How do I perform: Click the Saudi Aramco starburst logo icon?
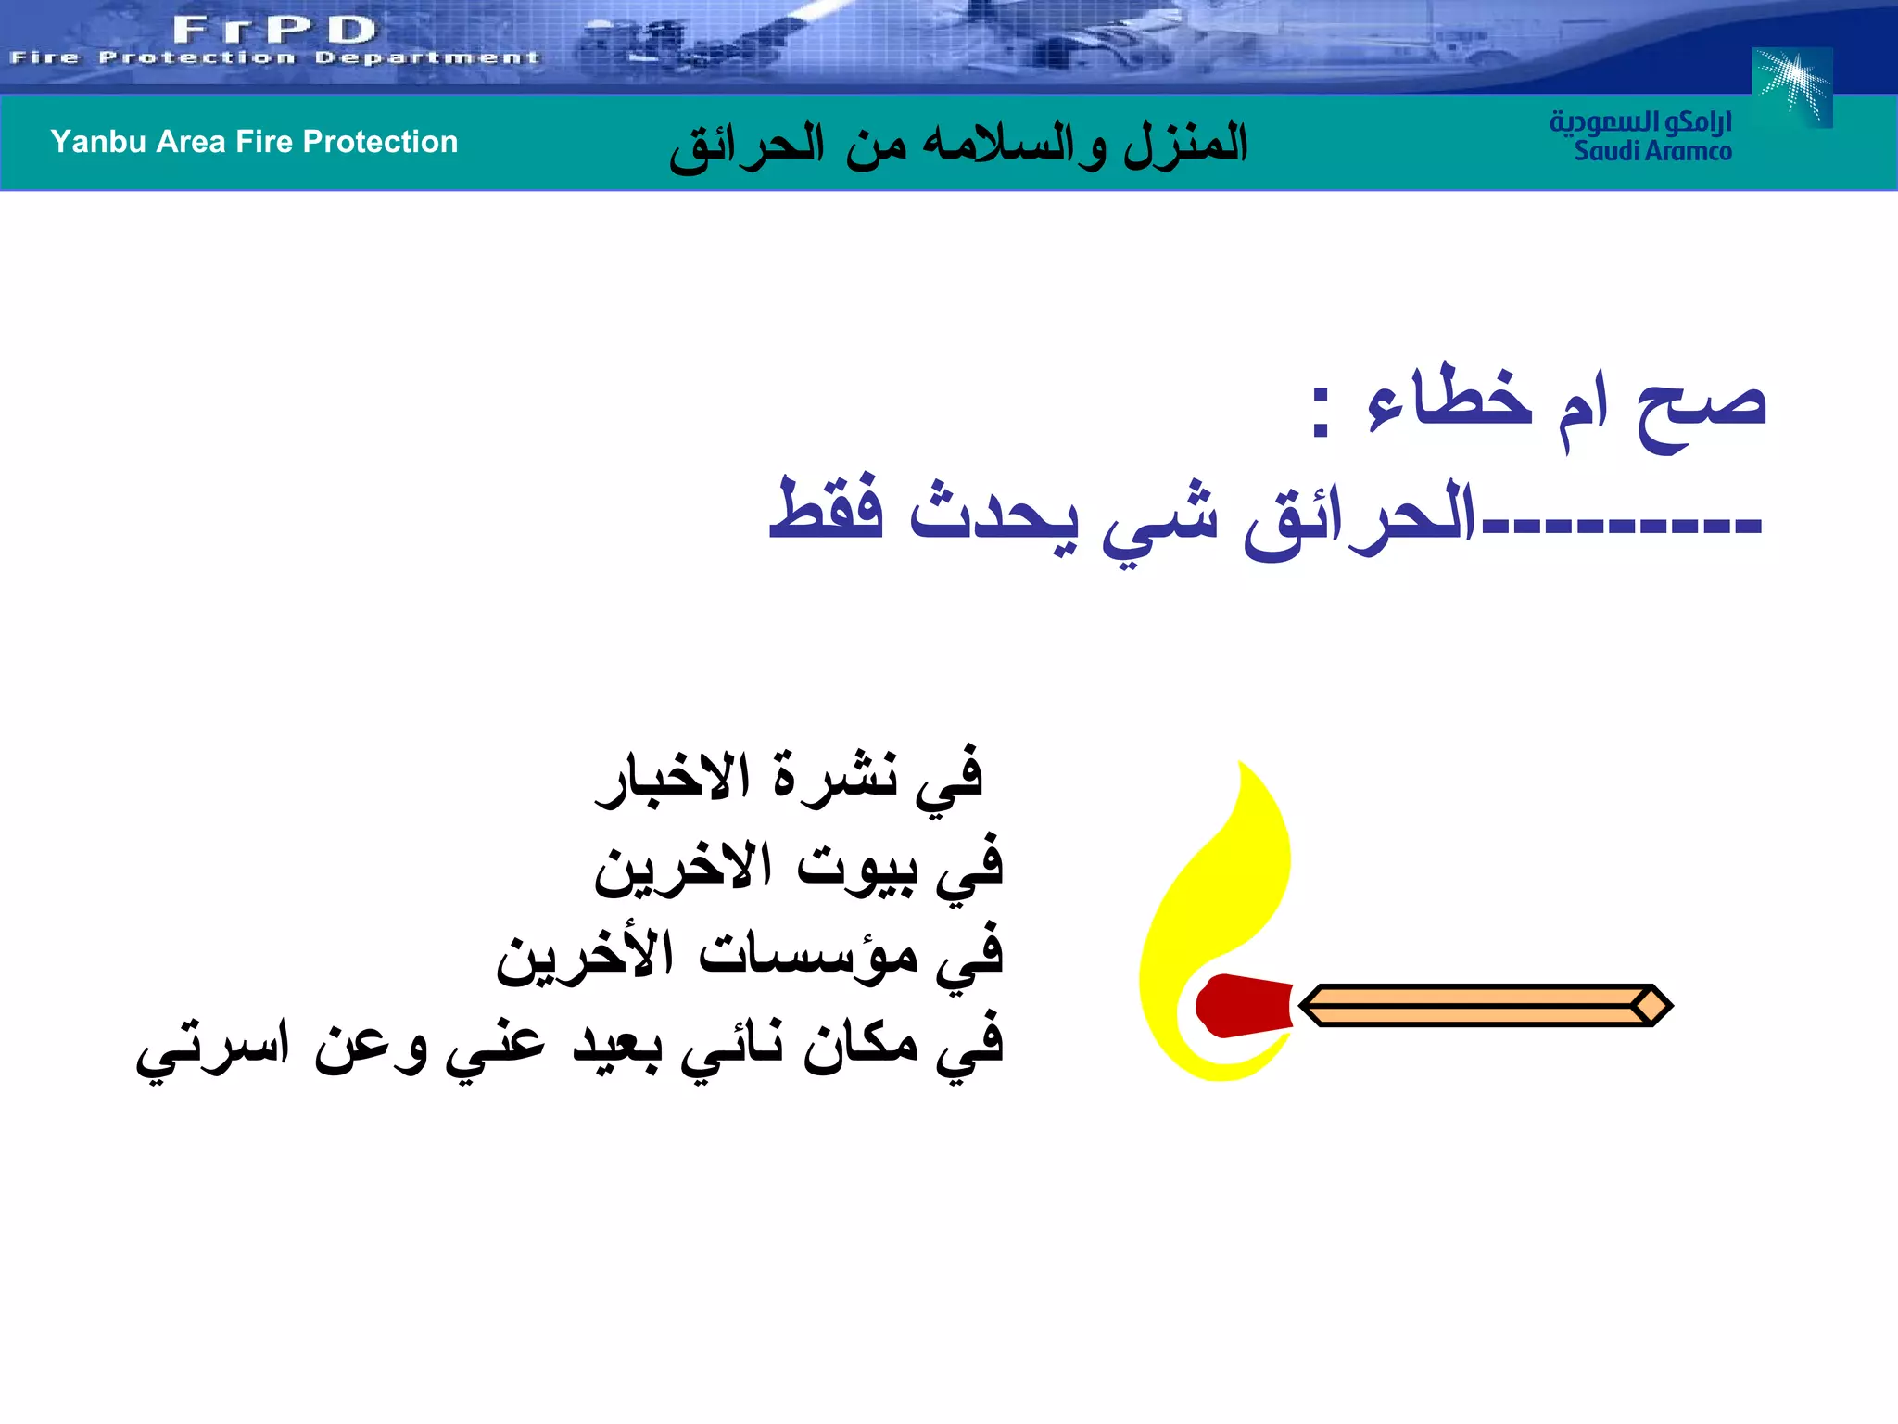click(x=1792, y=86)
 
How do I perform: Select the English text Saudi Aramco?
click(x=1652, y=151)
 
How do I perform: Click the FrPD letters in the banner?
click(x=274, y=30)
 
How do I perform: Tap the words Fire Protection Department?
click(x=274, y=58)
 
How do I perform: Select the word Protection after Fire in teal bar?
click(x=380, y=142)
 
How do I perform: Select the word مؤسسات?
click(x=807, y=955)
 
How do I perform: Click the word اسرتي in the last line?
click(x=213, y=1048)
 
